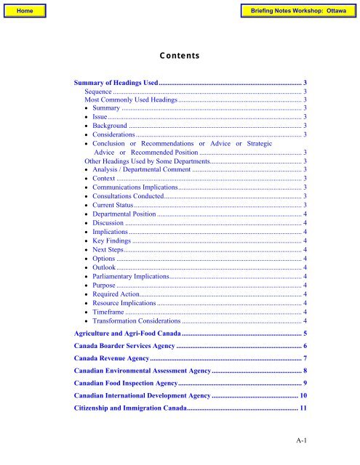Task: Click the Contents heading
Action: [180, 54]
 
